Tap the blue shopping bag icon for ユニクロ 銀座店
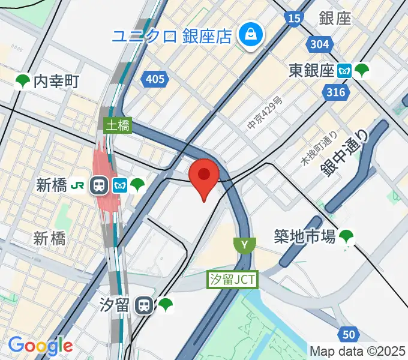point(248,35)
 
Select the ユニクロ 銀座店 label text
point(172,35)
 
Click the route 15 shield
point(293,19)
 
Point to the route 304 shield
point(320,44)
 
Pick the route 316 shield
point(336,92)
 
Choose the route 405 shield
point(155,78)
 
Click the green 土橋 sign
point(118,125)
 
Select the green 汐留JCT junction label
point(233,279)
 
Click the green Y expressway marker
point(244,244)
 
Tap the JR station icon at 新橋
point(99,185)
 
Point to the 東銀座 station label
point(311,71)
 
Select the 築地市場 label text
point(304,237)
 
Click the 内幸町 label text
point(56,81)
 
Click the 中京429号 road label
point(265,113)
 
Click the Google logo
point(40,346)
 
